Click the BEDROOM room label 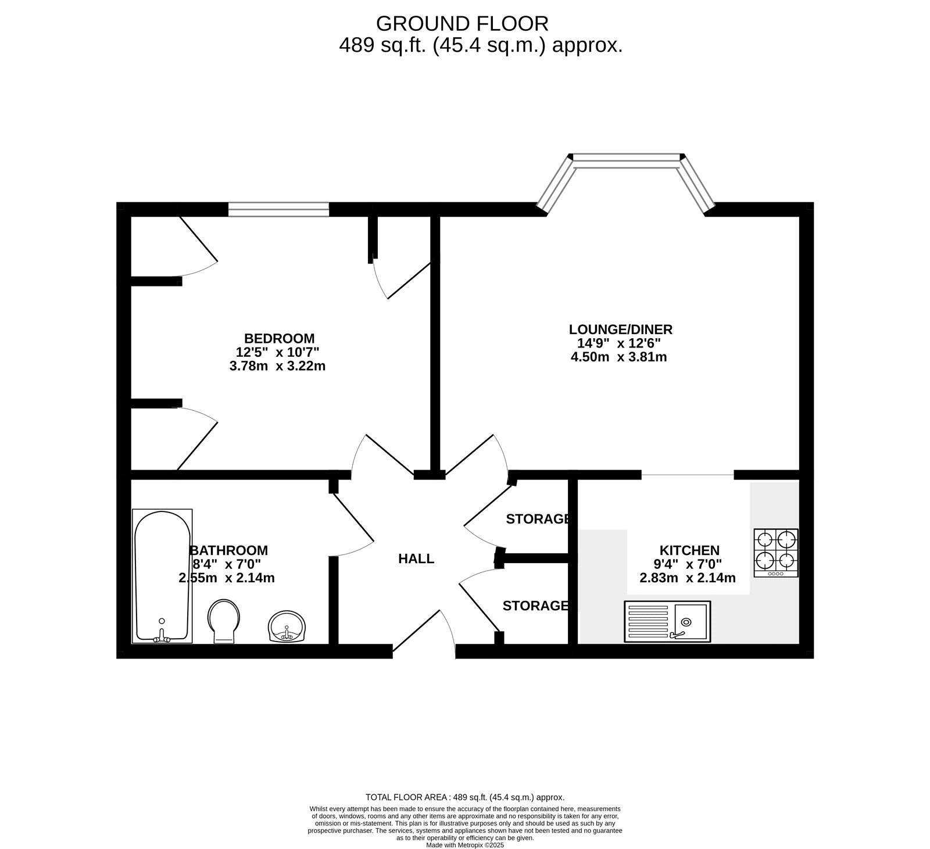click(279, 338)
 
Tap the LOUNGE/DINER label click(620, 329)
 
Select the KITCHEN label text click(689, 550)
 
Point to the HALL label click(416, 559)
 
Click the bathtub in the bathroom click(162, 576)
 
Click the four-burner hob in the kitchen click(776, 553)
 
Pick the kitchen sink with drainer click(667, 621)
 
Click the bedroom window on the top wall click(278, 209)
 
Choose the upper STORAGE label click(537, 519)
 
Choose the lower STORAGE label click(535, 606)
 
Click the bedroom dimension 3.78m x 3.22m click(278, 366)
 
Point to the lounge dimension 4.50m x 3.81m click(619, 357)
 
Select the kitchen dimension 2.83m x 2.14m click(688, 578)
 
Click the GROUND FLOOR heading click(462, 24)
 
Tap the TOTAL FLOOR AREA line click(465, 797)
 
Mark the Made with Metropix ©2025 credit click(465, 846)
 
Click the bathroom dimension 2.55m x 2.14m click(227, 578)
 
